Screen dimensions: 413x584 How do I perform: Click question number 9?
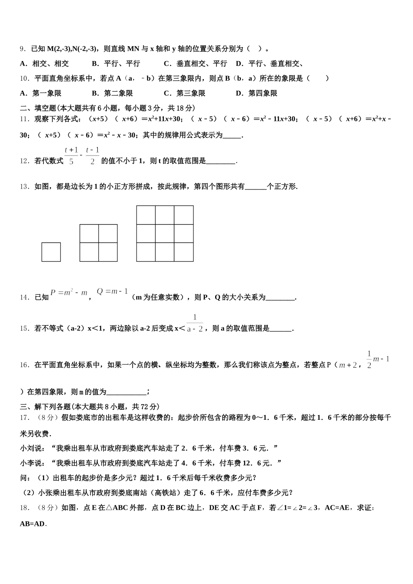(x=23, y=49)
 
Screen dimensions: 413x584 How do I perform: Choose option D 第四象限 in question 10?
(x=256, y=93)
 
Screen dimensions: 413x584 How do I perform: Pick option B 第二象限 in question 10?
(x=112, y=93)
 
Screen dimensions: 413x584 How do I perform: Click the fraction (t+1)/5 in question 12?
(x=71, y=155)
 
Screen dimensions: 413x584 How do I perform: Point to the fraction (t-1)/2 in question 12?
(x=92, y=155)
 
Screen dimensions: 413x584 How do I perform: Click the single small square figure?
(x=51, y=252)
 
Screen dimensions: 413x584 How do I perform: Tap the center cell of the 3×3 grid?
(x=165, y=234)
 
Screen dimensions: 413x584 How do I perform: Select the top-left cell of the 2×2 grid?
(x=89, y=234)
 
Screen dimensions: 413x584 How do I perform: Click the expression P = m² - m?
(x=69, y=293)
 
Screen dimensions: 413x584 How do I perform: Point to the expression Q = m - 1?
(x=112, y=292)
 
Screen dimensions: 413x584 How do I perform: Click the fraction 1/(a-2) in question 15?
(x=195, y=324)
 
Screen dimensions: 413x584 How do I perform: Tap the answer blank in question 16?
(x=126, y=392)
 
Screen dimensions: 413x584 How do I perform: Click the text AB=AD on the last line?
(x=33, y=524)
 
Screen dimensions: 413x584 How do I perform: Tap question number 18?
(x=25, y=508)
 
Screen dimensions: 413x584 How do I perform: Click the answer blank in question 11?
(x=232, y=136)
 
